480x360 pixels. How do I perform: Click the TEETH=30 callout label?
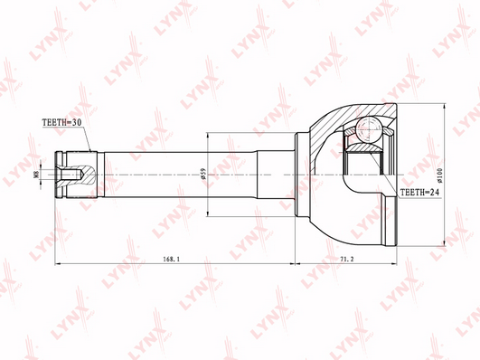(61, 122)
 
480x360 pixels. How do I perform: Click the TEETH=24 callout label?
(419, 193)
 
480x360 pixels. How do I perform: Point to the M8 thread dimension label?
(36, 175)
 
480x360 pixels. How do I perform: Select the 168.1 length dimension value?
(171, 259)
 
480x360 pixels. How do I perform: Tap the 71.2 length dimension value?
(347, 259)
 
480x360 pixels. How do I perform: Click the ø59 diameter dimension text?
(203, 174)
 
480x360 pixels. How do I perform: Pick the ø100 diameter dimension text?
(439, 175)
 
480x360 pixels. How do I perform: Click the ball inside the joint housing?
(369, 130)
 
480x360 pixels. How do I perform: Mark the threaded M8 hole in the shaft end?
(71, 175)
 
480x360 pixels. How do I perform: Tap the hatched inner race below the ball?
(363, 148)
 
